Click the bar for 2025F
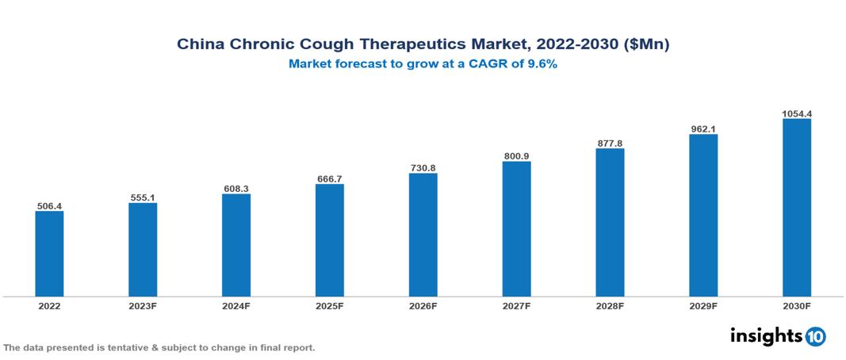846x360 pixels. click(329, 240)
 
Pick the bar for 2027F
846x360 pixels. click(516, 229)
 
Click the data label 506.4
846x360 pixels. click(49, 206)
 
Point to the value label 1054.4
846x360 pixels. click(796, 113)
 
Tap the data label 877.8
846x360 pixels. click(610, 144)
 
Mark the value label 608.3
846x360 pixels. click(235, 189)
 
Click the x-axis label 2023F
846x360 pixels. click(143, 305)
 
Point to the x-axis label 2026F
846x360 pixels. click(423, 305)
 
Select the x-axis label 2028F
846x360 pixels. click(610, 305)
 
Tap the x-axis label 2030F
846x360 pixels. click(796, 305)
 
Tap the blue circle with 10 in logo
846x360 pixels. click(815, 336)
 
